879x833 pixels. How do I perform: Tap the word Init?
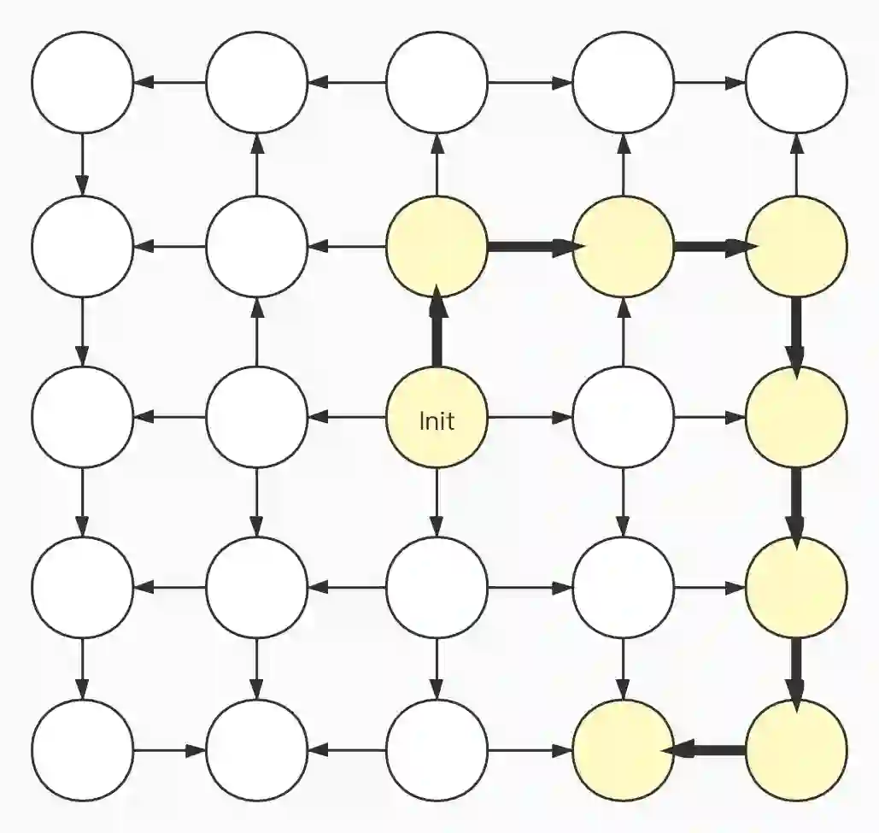(x=437, y=420)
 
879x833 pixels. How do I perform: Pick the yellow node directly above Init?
(x=437, y=248)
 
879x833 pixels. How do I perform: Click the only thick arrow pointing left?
(x=710, y=750)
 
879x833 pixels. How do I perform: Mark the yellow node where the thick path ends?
(x=623, y=750)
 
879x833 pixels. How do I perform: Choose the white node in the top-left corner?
(x=83, y=83)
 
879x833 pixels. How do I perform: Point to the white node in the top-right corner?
(x=796, y=83)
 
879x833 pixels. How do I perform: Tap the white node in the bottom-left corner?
(x=83, y=750)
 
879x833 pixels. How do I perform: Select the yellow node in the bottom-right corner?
(x=796, y=750)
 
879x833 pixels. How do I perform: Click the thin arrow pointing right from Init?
(x=530, y=418)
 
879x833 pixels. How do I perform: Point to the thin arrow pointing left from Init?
(x=346, y=418)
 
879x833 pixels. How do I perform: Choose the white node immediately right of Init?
(x=623, y=418)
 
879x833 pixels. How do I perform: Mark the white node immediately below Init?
(x=437, y=587)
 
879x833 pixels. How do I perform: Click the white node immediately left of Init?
(x=256, y=418)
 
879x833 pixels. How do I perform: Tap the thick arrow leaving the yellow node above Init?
(x=530, y=248)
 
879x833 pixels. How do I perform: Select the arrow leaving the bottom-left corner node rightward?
(x=169, y=750)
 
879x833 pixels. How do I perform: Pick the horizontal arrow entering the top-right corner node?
(x=710, y=83)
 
